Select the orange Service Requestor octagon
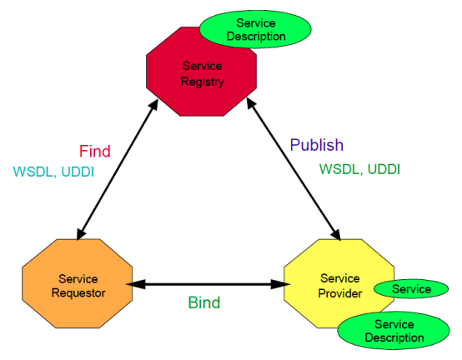[78, 283]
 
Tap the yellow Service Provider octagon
[339, 283]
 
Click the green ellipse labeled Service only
[411, 289]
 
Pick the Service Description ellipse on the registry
[255, 29]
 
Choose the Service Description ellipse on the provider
[394, 331]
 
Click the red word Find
[95, 151]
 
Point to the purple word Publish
[317, 145]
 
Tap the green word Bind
[204, 302]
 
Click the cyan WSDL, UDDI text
[53, 172]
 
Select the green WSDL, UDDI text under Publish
[359, 169]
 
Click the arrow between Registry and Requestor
[118, 169]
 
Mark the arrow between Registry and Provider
[294, 169]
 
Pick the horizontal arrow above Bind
[208, 284]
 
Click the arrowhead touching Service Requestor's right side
[136, 284]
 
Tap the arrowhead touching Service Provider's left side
[280, 284]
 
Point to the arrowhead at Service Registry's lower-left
[153, 105]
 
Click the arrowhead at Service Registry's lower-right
[252, 103]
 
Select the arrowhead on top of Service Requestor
[81, 234]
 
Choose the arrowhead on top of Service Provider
[336, 235]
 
